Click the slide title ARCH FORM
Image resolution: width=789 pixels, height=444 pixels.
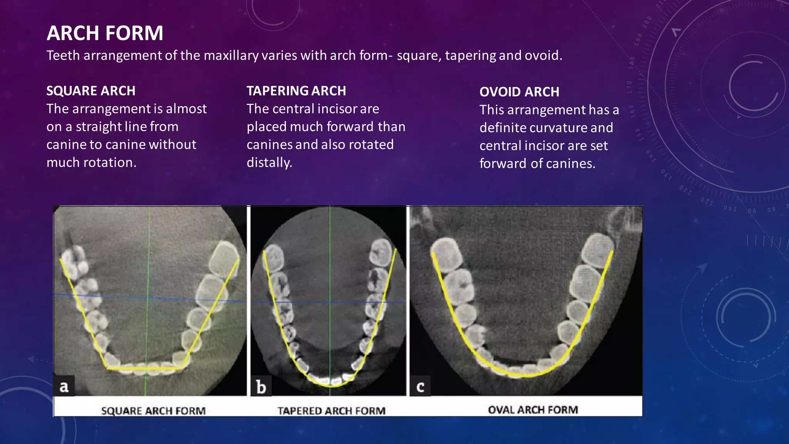pyautogui.click(x=105, y=33)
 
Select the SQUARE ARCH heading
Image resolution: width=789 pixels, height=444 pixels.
pyautogui.click(x=91, y=91)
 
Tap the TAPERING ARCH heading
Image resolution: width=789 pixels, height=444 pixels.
pyautogui.click(x=296, y=91)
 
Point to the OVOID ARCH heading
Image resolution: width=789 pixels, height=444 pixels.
pyautogui.click(x=519, y=92)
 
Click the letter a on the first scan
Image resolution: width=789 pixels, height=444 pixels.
pyautogui.click(x=64, y=386)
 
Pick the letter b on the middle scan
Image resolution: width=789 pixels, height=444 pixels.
pyautogui.click(x=261, y=387)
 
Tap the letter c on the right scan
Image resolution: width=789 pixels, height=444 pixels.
pyautogui.click(x=420, y=387)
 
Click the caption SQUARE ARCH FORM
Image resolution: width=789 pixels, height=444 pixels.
pyautogui.click(x=153, y=411)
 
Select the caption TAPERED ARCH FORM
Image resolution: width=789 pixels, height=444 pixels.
pyautogui.click(x=331, y=411)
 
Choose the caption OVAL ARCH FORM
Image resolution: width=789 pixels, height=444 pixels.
pyautogui.click(x=533, y=410)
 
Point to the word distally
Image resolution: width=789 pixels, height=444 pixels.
pyautogui.click(x=269, y=163)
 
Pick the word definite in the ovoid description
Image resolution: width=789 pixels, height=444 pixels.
pyautogui.click(x=500, y=128)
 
